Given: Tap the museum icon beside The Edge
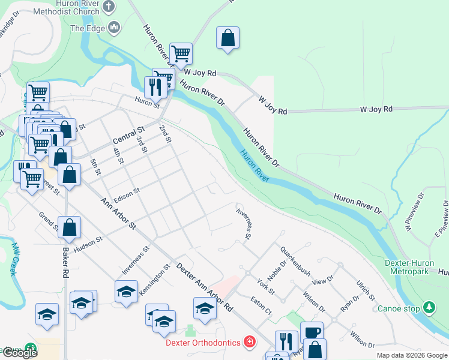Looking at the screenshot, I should point(114,28).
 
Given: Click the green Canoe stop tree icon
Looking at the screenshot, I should point(429,308).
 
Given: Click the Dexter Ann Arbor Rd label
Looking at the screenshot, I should point(204,288).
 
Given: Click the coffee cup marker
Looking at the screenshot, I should point(311,332).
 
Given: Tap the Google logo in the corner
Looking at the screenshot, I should point(19,352).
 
